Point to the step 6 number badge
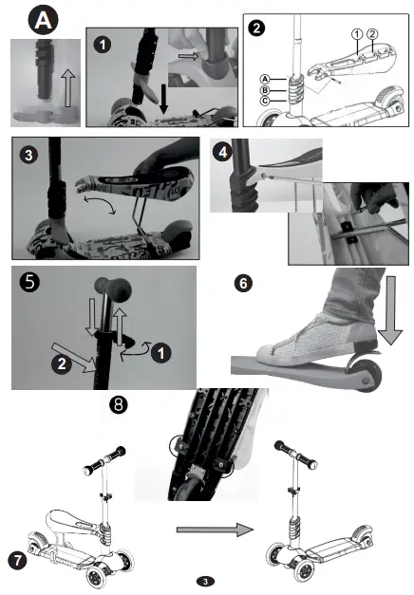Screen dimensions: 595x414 [x=242, y=283]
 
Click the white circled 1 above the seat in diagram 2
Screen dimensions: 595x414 [x=356, y=35]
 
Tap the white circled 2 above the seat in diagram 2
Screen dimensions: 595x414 [x=372, y=35]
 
